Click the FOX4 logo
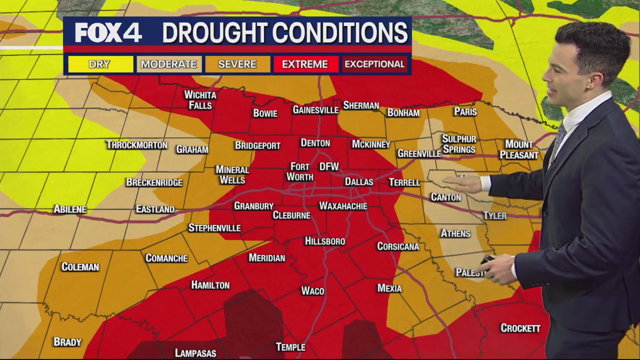[108, 33]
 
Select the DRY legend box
[100, 64]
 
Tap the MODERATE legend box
[168, 64]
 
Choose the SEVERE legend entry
[237, 64]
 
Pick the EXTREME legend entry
[305, 64]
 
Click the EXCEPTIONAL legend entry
[374, 64]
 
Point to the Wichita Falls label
[200, 100]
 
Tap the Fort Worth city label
[300, 171]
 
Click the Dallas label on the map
[359, 182]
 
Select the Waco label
[312, 291]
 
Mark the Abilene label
[70, 209]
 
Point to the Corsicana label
[398, 246]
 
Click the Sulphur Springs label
[459, 144]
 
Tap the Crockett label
[520, 328]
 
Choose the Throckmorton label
[136, 145]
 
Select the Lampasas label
[195, 353]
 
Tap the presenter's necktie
[557, 143]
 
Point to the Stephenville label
[214, 228]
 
